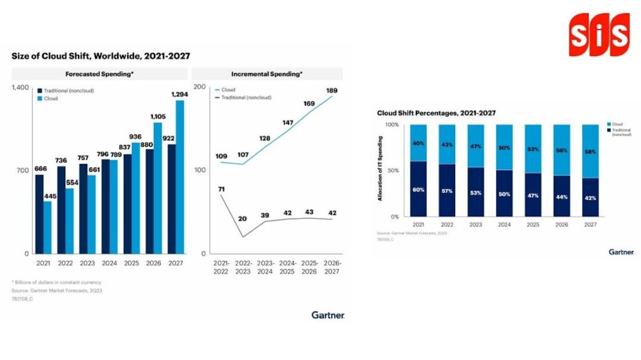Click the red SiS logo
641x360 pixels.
click(598, 34)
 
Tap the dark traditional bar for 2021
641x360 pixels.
click(39, 213)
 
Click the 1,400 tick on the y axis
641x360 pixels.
click(21, 87)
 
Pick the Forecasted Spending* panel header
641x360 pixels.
click(99, 74)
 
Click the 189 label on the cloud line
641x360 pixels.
click(332, 91)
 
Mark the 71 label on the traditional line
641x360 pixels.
click(221, 189)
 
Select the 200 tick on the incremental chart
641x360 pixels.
click(200, 87)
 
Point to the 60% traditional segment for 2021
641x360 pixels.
click(418, 189)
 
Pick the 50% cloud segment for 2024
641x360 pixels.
click(504, 147)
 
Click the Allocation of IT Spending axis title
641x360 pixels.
click(380, 170)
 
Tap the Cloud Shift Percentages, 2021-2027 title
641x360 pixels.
click(436, 113)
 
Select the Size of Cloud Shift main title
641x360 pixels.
click(101, 56)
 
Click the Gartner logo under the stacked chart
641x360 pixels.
click(621, 252)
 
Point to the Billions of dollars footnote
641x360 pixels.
click(56, 282)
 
